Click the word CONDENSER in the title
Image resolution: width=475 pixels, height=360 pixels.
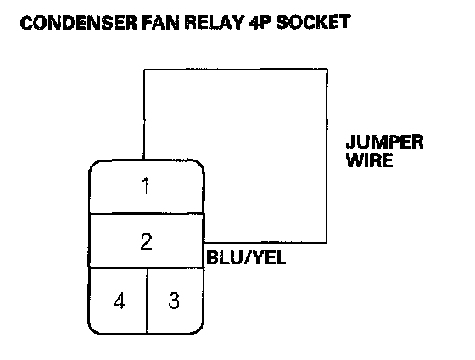[x=78, y=23]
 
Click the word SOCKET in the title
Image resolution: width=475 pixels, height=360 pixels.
[x=313, y=23]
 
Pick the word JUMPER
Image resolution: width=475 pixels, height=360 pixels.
[x=385, y=142]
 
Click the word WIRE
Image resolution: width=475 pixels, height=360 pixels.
[x=370, y=160]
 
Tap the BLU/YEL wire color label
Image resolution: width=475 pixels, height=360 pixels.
[x=246, y=258]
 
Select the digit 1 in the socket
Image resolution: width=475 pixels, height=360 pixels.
[x=146, y=187]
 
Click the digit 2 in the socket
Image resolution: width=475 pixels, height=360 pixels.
[x=146, y=241]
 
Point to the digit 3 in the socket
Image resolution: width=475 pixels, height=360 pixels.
[x=174, y=301]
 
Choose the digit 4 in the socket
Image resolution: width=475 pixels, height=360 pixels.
[x=119, y=301]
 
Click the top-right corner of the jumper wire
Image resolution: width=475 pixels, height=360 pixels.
[x=327, y=70]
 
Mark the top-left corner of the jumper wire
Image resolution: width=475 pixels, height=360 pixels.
[x=144, y=70]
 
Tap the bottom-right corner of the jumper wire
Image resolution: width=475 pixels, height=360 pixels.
[x=327, y=243]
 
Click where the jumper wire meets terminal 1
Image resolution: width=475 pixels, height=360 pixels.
[x=143, y=160]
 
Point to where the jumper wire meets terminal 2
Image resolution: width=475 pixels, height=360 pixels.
[x=204, y=243]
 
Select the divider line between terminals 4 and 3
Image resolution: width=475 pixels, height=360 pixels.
[x=147, y=301]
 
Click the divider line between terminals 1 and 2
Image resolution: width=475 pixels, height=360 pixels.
[x=146, y=214]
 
